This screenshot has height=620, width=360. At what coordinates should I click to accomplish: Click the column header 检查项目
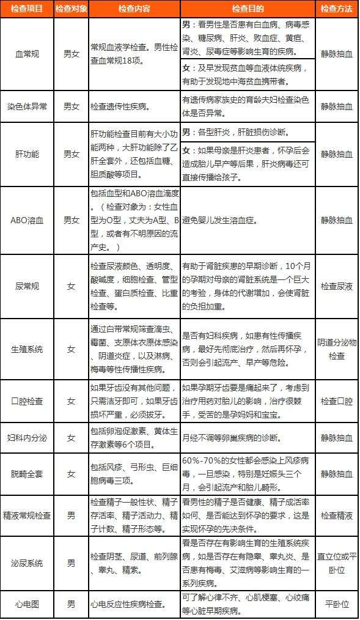(x=26, y=9)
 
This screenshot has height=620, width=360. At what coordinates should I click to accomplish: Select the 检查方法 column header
(x=337, y=9)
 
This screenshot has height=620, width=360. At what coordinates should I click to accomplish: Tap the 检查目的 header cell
(x=248, y=9)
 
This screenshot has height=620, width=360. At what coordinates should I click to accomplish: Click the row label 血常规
(x=26, y=54)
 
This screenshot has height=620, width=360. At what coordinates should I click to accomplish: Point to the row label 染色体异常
(x=26, y=106)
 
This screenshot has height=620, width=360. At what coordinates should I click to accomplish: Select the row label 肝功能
(x=26, y=154)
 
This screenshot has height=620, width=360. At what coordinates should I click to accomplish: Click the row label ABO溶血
(x=26, y=220)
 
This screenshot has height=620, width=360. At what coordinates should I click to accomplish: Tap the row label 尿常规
(x=26, y=286)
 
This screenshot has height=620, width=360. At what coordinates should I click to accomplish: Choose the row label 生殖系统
(x=26, y=349)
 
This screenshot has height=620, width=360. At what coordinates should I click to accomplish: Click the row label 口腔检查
(x=26, y=401)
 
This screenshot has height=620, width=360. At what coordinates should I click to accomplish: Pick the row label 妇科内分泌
(x=26, y=438)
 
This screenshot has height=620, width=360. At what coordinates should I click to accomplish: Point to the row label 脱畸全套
(x=26, y=474)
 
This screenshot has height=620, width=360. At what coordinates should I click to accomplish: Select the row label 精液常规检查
(x=26, y=515)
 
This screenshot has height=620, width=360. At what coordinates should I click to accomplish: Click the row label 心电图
(x=26, y=604)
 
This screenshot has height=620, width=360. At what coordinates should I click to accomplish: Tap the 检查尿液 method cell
(x=337, y=286)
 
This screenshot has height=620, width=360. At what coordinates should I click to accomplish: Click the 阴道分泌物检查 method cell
(x=337, y=349)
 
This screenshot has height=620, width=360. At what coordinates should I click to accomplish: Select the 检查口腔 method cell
(x=337, y=401)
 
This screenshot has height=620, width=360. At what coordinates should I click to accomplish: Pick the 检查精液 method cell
(x=337, y=515)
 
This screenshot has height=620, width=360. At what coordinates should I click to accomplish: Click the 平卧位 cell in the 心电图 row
(x=337, y=604)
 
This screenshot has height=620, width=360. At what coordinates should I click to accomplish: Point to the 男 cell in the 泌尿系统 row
(x=71, y=563)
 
